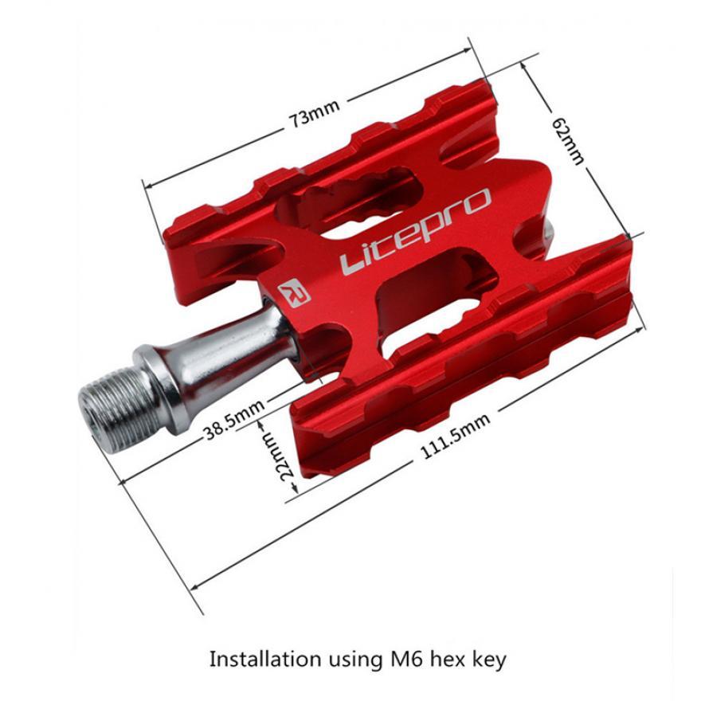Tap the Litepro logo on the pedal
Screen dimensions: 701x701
click(415, 232)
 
